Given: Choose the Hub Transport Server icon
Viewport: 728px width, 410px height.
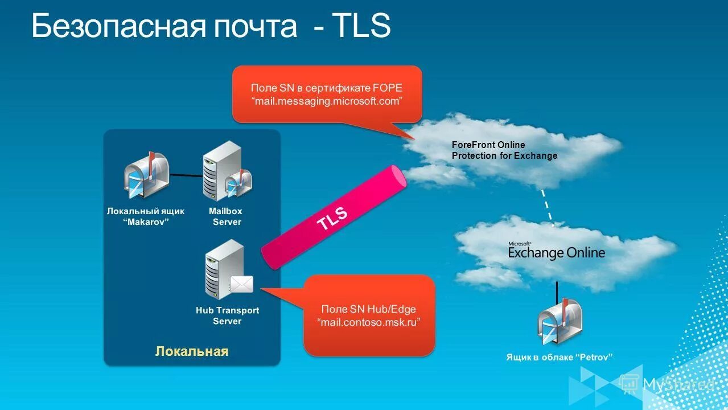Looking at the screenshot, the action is click(224, 270).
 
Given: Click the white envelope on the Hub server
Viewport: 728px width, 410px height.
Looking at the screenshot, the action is click(241, 284).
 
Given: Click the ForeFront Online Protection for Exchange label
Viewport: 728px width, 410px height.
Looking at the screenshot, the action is click(504, 150).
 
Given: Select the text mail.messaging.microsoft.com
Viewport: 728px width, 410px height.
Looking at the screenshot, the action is click(327, 101).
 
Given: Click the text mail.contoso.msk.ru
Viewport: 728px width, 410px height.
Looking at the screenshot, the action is click(369, 322).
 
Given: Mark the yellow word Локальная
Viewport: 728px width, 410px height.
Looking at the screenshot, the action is click(192, 351).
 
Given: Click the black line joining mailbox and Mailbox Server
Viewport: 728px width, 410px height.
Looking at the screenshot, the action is click(186, 175).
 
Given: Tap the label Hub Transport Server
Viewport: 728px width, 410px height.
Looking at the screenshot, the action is click(227, 315).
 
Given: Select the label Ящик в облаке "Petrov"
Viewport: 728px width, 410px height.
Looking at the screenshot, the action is click(559, 358).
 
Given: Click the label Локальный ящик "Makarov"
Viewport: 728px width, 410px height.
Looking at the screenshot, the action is click(146, 216).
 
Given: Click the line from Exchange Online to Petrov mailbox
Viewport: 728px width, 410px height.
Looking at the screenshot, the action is click(557, 290).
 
